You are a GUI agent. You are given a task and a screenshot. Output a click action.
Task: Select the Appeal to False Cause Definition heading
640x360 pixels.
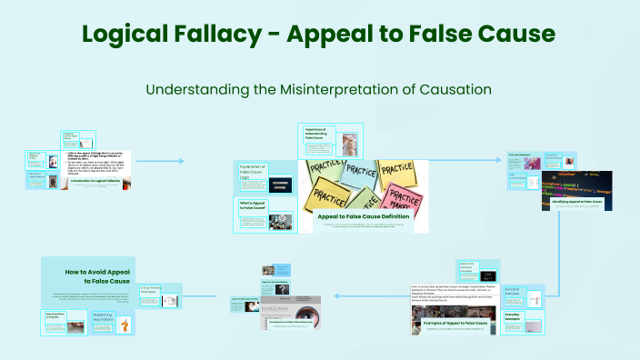(364, 216)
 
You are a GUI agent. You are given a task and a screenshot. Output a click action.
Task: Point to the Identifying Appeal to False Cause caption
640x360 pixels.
(569, 199)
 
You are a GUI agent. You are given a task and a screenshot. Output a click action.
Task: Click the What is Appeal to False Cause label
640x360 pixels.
(251, 206)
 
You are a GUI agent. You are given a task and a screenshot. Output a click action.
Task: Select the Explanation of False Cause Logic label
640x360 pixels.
(252, 172)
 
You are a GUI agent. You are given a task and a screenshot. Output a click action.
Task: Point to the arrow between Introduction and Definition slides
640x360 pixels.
(164, 161)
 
